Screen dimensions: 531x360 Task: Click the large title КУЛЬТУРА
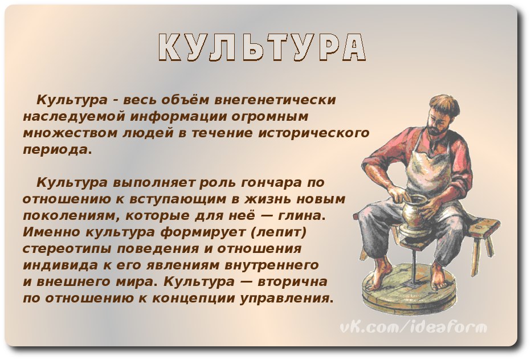(x=262, y=47)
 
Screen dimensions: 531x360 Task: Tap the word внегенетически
(x=276, y=100)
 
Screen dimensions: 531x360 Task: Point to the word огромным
(x=270, y=117)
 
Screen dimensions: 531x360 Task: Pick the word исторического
(x=313, y=133)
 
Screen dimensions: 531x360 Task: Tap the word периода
(x=57, y=150)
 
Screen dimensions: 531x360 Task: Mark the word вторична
(x=293, y=282)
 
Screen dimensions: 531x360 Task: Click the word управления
(x=284, y=298)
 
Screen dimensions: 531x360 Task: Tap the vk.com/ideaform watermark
(x=414, y=327)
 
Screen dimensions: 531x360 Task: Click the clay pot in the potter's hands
(x=413, y=214)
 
